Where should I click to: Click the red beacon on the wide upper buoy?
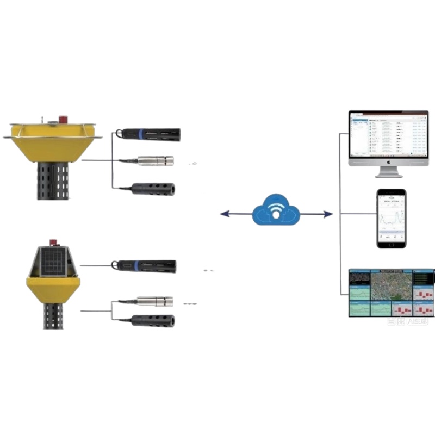[x=64, y=119]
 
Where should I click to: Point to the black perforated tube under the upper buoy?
[x=53, y=180]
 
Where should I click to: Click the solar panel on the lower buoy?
[x=53, y=262]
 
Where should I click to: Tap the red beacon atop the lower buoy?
[x=54, y=243]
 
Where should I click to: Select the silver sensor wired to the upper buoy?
[x=155, y=160]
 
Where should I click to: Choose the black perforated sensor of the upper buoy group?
[x=153, y=189]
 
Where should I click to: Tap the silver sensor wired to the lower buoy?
[x=154, y=301]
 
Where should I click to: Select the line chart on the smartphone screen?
[x=391, y=218]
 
